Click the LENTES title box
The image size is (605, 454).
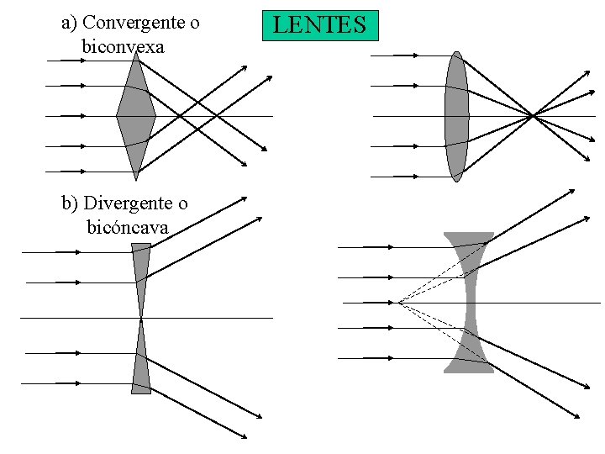pos(320,25)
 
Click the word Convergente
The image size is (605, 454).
pos(142,23)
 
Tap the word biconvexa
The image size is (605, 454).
pos(123,47)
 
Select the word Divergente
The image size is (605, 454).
pos(136,203)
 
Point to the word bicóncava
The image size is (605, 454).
pos(127,227)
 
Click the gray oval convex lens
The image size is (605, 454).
pos(456,116)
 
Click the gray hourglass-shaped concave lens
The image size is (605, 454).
pos(469,302)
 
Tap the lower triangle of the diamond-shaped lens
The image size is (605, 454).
pos(136,141)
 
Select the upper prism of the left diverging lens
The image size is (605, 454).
pos(141,269)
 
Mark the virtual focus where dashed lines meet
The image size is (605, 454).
pos(398,302)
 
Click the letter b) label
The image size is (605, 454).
pos(71,203)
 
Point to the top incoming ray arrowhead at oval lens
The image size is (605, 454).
pos(415,55)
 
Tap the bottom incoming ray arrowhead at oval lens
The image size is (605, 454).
pos(415,177)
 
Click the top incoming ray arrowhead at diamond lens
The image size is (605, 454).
pos(82,61)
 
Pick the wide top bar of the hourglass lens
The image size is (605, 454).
pos(469,236)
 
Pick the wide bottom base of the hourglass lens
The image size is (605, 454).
pos(469,367)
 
